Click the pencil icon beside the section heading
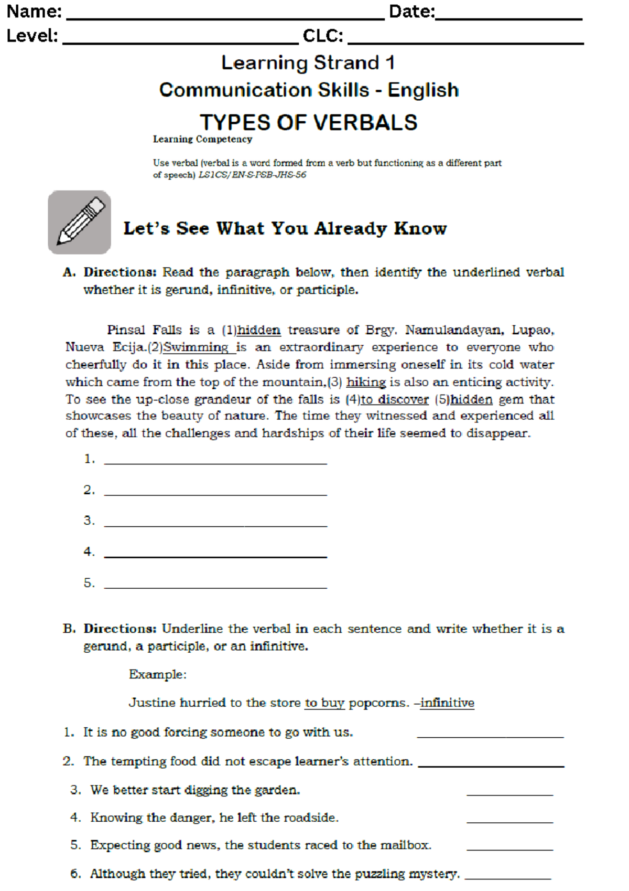(80, 222)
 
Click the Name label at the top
(34, 12)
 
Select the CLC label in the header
(323, 36)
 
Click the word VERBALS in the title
(365, 123)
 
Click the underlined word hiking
(366, 382)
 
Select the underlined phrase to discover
(395, 399)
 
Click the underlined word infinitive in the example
(447, 703)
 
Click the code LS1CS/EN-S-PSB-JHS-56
(252, 175)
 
